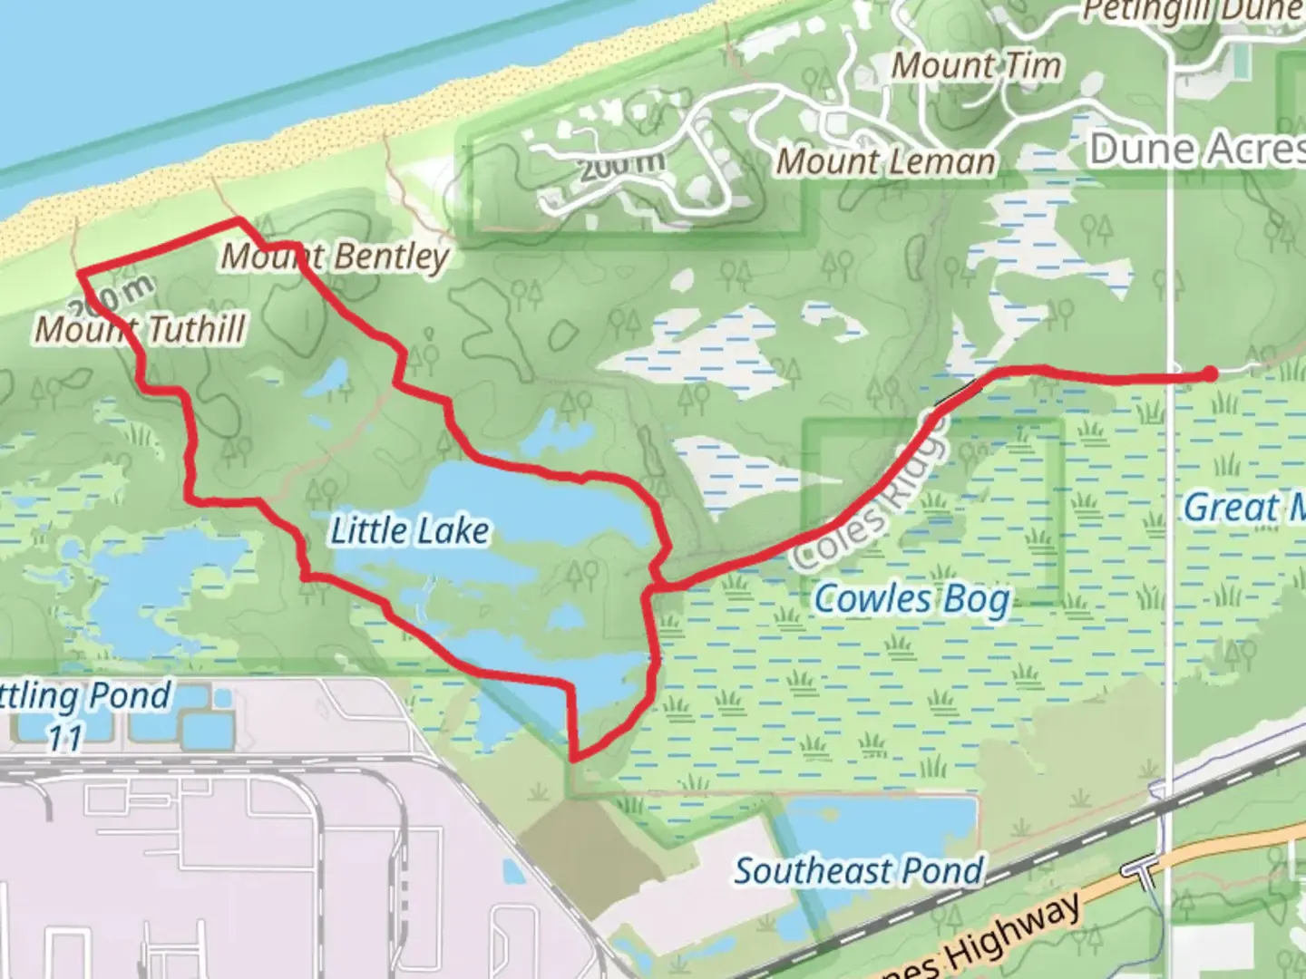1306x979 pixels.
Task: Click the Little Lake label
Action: (x=409, y=531)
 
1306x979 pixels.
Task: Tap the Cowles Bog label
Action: (x=911, y=600)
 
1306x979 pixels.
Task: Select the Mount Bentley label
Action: (x=336, y=257)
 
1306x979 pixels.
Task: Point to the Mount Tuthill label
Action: (x=140, y=328)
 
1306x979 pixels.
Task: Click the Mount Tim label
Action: (x=976, y=65)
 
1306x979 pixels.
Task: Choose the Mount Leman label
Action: (x=885, y=161)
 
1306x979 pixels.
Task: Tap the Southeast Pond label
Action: (x=858, y=871)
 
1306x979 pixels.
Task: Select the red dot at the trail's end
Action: (x=1210, y=373)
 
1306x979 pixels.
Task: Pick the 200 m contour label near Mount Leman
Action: (x=621, y=166)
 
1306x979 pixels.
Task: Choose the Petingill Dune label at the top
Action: (x=1194, y=11)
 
